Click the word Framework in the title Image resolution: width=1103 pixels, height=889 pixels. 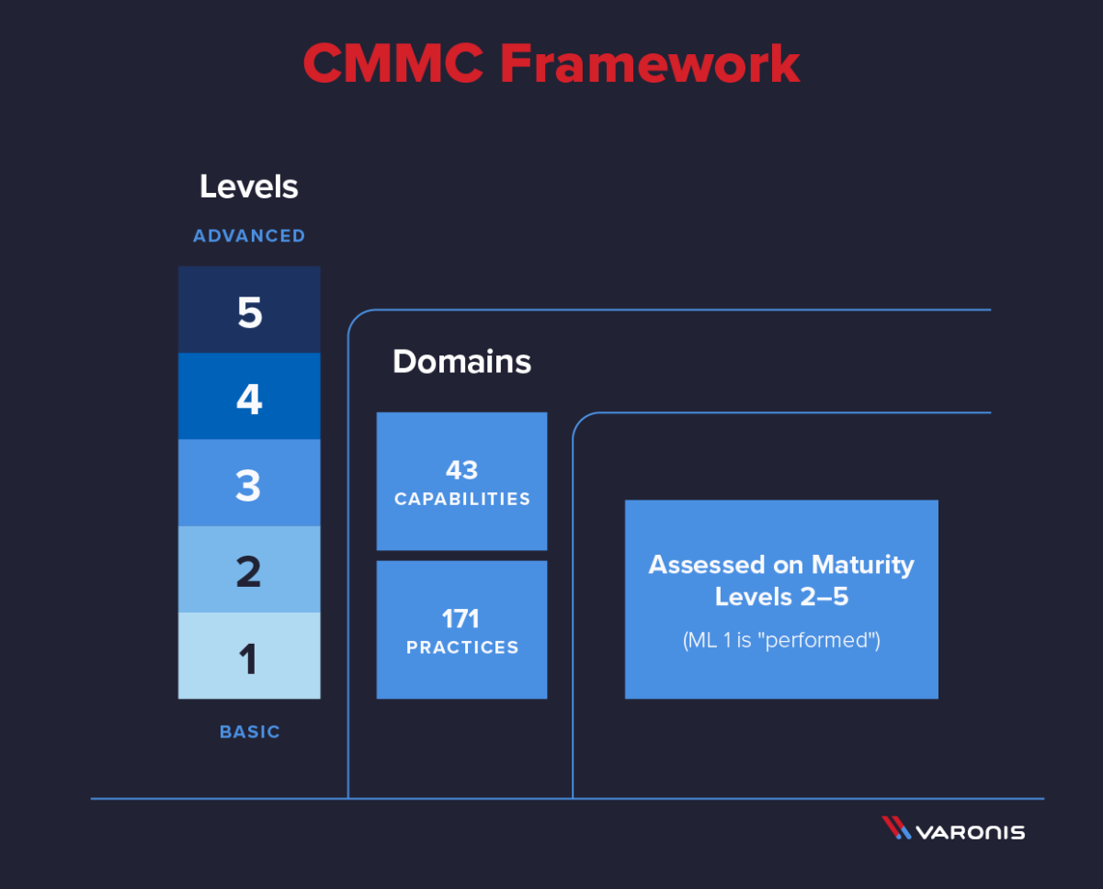coord(650,64)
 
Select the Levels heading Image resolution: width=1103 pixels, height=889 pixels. coord(249,186)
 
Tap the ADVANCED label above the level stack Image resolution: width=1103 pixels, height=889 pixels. coord(249,236)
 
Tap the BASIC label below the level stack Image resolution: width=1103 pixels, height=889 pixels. coord(249,732)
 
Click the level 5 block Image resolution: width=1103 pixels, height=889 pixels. coord(249,310)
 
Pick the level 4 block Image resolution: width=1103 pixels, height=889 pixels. coord(249,397)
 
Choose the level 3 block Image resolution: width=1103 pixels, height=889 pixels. coord(249,483)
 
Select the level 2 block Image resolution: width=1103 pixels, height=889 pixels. coord(249,569)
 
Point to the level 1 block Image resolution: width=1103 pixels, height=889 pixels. coord(249,656)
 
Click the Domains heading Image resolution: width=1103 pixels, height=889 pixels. coord(461,362)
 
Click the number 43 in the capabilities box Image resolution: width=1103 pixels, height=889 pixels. coord(461,470)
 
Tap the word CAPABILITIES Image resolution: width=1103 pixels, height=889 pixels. coord(461,500)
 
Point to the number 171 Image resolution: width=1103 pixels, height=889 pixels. coord(461,618)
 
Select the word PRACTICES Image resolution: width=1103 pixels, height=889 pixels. coord(461,647)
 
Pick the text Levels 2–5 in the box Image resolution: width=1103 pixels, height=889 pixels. coord(781,596)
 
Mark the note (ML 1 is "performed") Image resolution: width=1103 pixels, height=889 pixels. coord(781,640)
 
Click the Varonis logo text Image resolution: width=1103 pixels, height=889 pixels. coord(970,832)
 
